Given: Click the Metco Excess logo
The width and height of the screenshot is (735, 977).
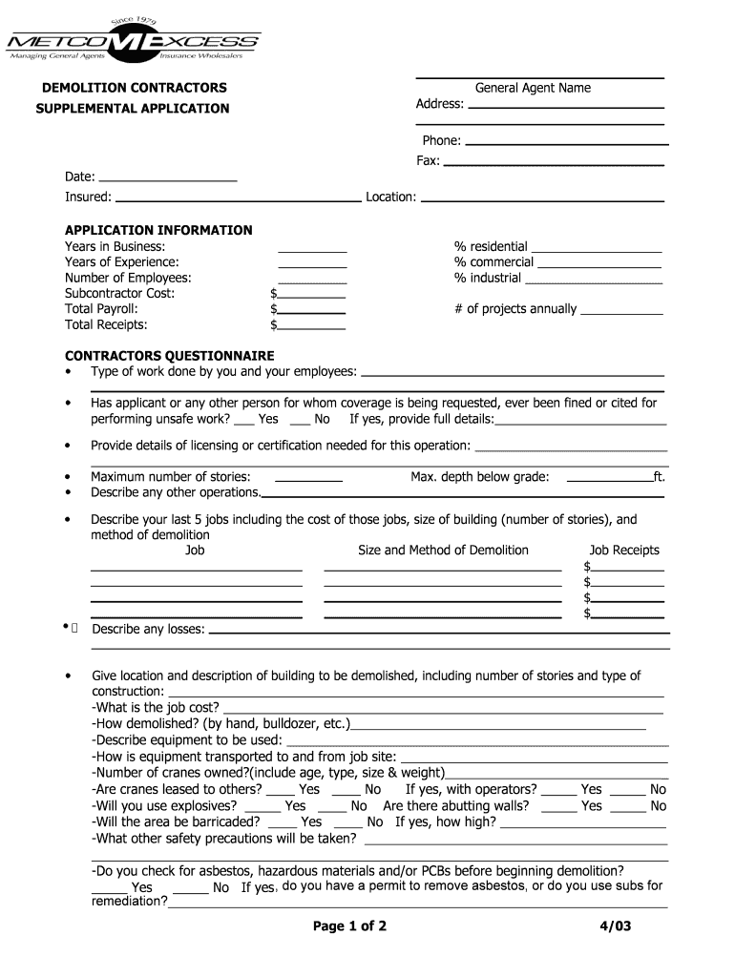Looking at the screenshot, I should click(x=133, y=42).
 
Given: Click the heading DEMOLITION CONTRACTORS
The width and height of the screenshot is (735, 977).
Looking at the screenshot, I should click(x=134, y=88).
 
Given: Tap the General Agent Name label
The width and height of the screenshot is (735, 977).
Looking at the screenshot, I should click(x=533, y=88).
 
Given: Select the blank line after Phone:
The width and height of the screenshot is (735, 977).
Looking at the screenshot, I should click(x=565, y=142).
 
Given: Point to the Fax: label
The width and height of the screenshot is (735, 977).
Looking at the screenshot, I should click(x=428, y=160).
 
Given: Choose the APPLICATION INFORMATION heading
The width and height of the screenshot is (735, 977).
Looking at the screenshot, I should click(x=158, y=230).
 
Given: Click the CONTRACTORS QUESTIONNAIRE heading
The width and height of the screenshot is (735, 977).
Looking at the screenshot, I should click(x=169, y=356).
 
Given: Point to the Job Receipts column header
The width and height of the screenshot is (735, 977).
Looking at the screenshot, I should click(x=624, y=550).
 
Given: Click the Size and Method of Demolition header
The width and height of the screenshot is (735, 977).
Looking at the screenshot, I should click(x=443, y=550).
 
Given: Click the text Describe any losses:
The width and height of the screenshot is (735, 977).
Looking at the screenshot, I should click(x=148, y=629).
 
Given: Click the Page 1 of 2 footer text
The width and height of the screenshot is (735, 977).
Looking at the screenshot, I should click(x=349, y=925).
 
